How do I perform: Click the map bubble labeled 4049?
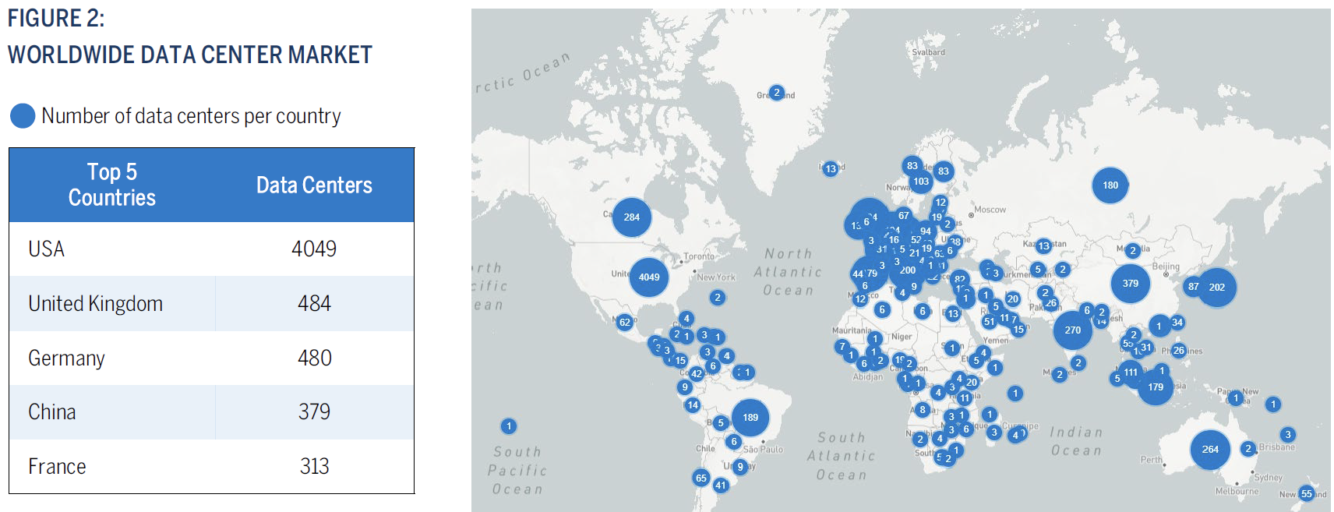pos(649,277)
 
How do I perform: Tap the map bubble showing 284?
pos(631,217)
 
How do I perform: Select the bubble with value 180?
pos(1110,185)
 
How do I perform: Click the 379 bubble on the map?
pos(1130,284)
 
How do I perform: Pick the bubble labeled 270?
pos(1072,330)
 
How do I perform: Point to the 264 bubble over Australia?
pos(1209,449)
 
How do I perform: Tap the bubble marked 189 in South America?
pos(750,417)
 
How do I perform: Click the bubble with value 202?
pos(1216,287)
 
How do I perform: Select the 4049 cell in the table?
pos(314,249)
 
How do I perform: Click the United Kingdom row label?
pos(96,303)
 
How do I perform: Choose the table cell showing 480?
pos(314,358)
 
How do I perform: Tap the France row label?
pos(57,466)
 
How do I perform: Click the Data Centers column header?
pos(314,185)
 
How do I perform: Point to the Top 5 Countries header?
pos(112,185)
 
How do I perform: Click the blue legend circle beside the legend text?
pos(23,116)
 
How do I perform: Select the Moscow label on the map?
pos(990,210)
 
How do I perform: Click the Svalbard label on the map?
pos(928,52)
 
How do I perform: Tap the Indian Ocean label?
pos(1076,441)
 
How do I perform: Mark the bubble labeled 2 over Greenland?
pos(776,93)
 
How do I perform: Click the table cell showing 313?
pos(314,466)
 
